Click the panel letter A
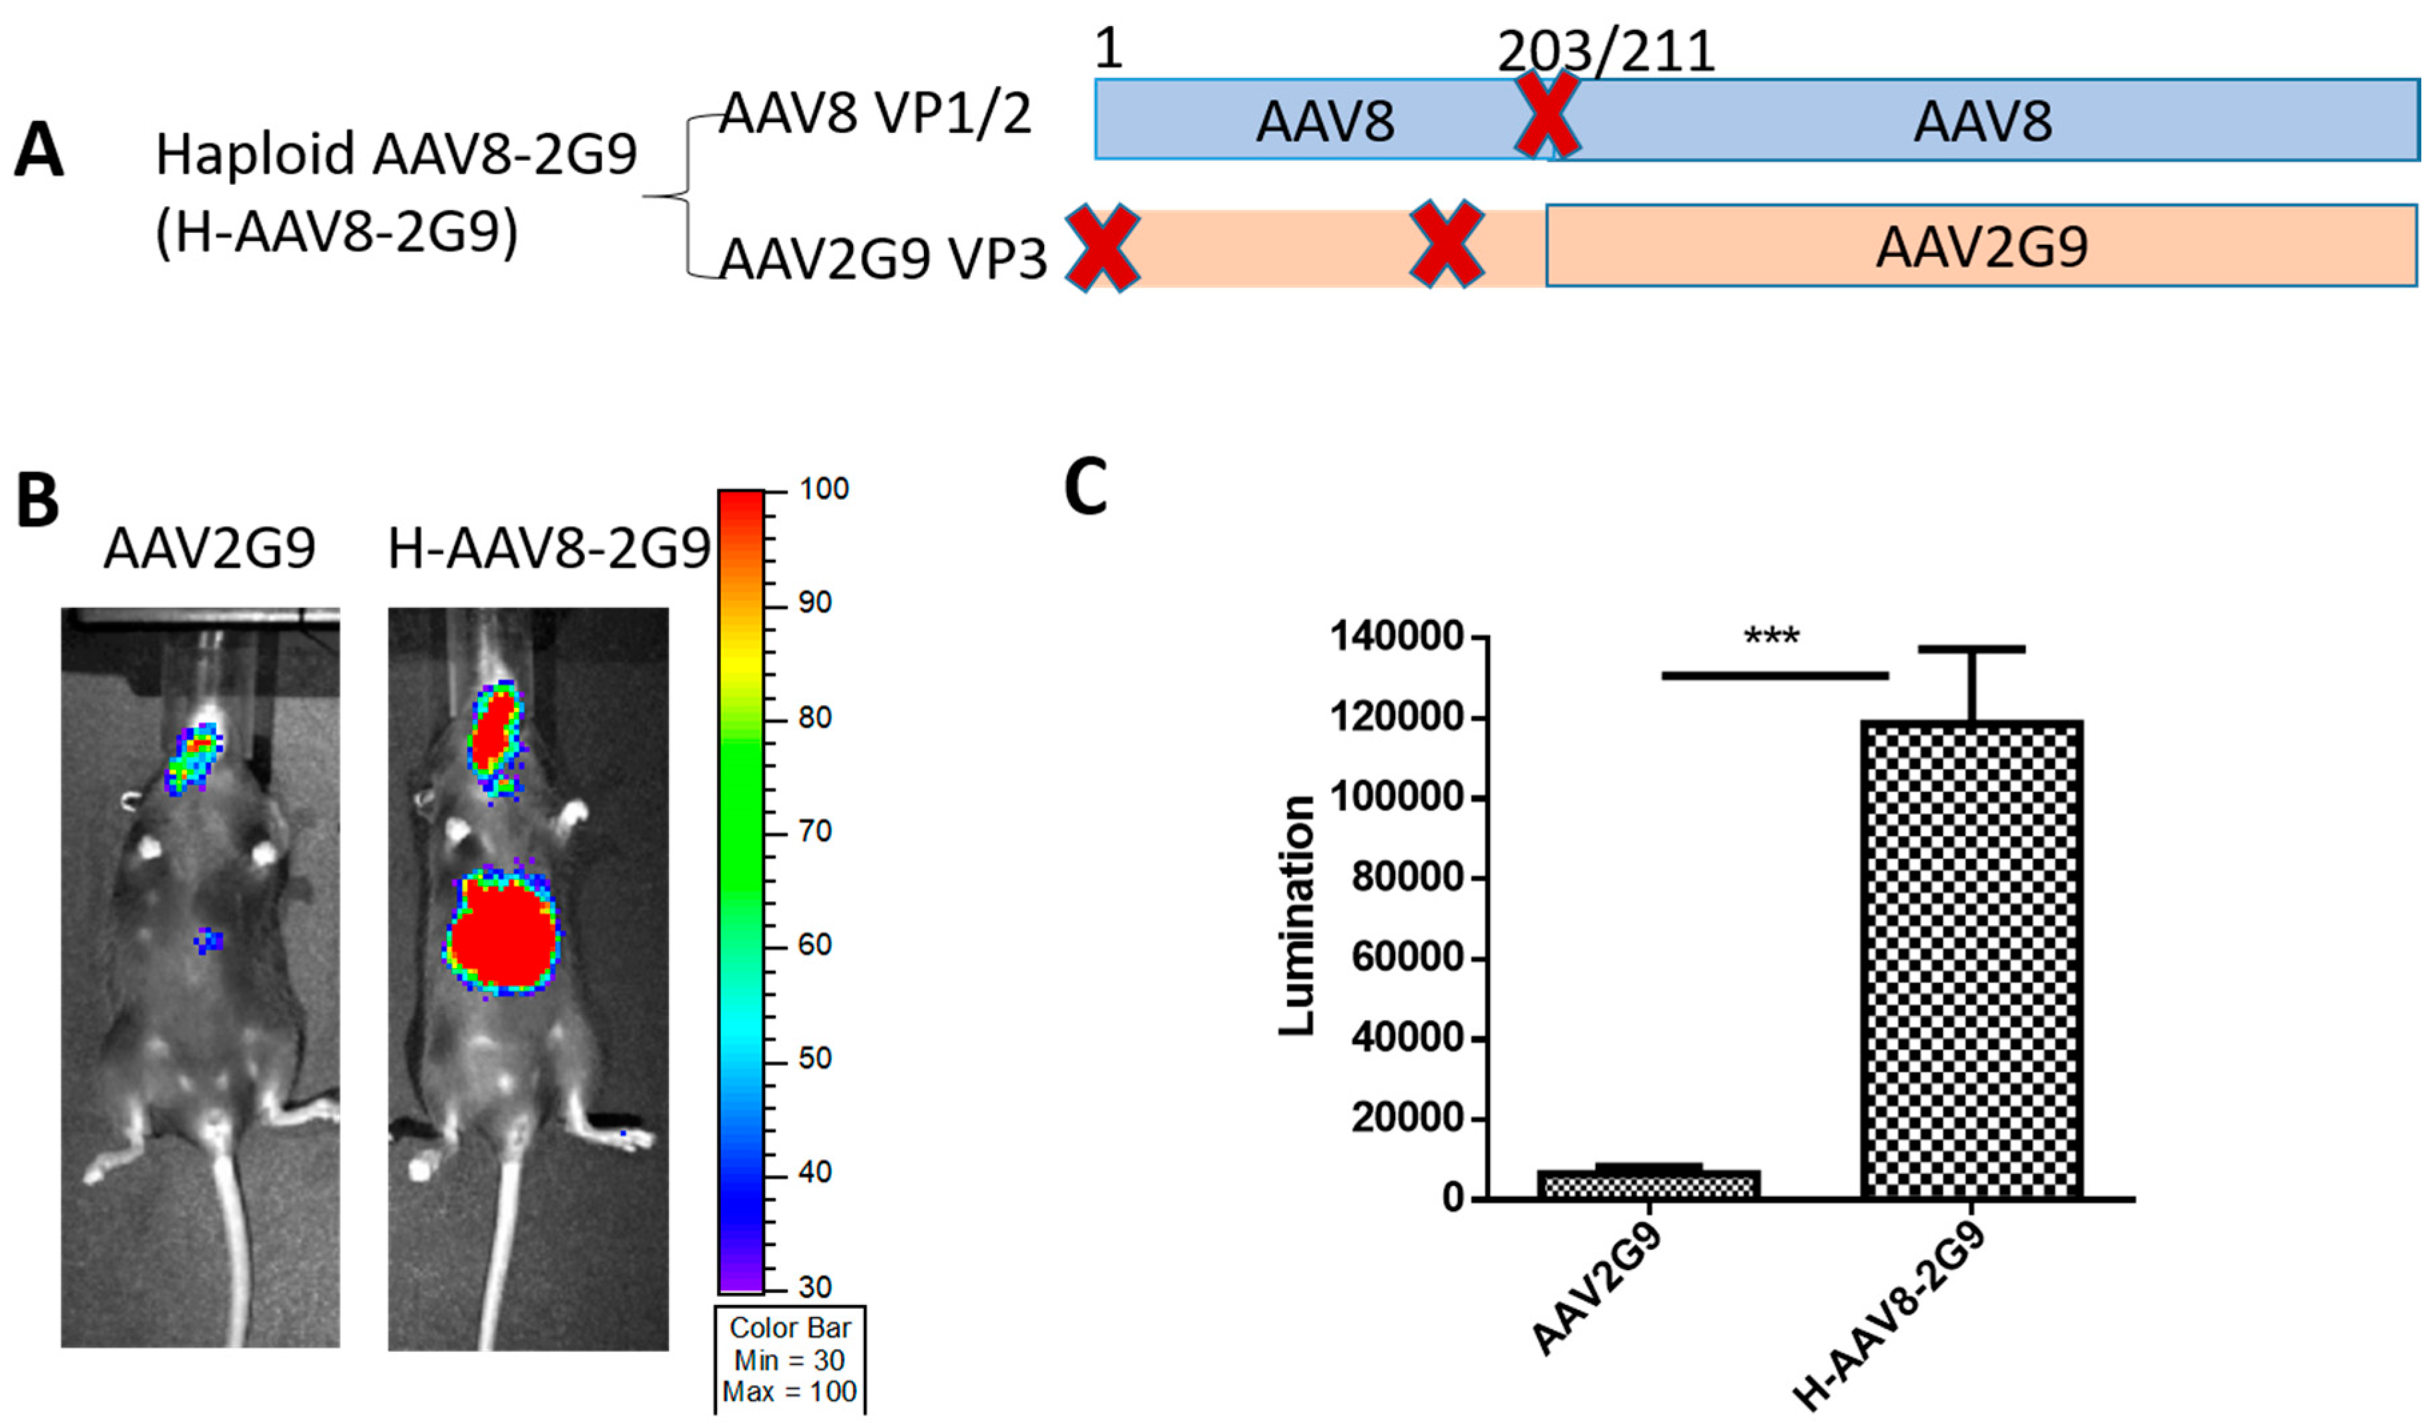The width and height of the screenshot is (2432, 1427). (39, 152)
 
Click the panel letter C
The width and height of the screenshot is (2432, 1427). (1085, 488)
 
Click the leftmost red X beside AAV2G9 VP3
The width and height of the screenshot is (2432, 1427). (1102, 247)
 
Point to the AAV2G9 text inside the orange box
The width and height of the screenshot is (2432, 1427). (1981, 246)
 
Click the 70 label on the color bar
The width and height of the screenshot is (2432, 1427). (814, 831)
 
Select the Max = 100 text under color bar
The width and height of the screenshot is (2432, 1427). (790, 1392)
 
